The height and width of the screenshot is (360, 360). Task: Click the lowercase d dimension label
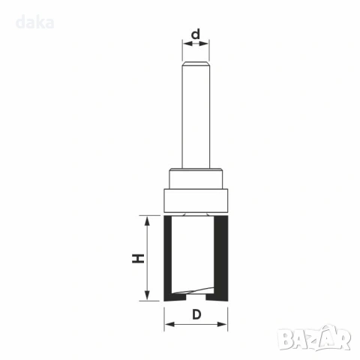click(196, 34)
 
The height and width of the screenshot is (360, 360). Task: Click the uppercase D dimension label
click(196, 314)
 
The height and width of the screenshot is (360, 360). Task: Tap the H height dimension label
click(138, 259)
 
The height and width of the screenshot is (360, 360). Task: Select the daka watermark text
click(34, 22)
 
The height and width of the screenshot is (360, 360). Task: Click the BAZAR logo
click(314, 337)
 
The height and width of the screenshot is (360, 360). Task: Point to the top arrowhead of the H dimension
click(147, 221)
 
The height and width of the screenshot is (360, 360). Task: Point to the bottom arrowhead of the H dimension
click(147, 295)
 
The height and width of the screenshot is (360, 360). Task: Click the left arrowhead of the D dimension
click(169, 324)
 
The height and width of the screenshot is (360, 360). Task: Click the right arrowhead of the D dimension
click(222, 324)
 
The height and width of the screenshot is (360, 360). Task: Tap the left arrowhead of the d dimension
click(187, 43)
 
